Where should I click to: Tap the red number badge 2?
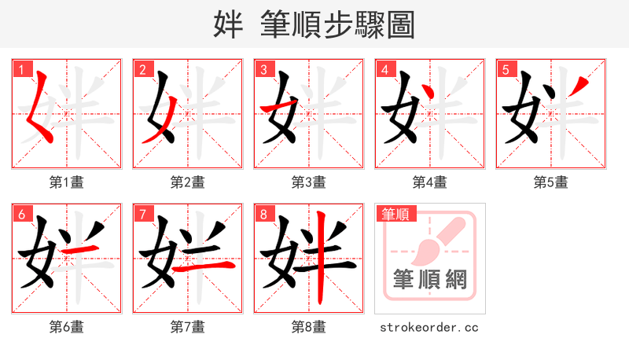click(x=142, y=69)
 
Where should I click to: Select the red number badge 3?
click(x=263, y=69)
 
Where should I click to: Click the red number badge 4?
click(x=384, y=69)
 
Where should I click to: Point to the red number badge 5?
click(x=506, y=69)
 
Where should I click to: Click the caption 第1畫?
click(x=66, y=182)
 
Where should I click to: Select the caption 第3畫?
click(x=308, y=182)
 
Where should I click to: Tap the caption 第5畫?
click(x=550, y=182)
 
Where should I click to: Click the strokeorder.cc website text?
click(x=429, y=327)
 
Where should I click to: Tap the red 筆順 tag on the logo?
click(x=395, y=214)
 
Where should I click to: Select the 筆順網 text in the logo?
click(x=429, y=280)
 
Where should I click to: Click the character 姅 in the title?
click(x=227, y=25)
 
